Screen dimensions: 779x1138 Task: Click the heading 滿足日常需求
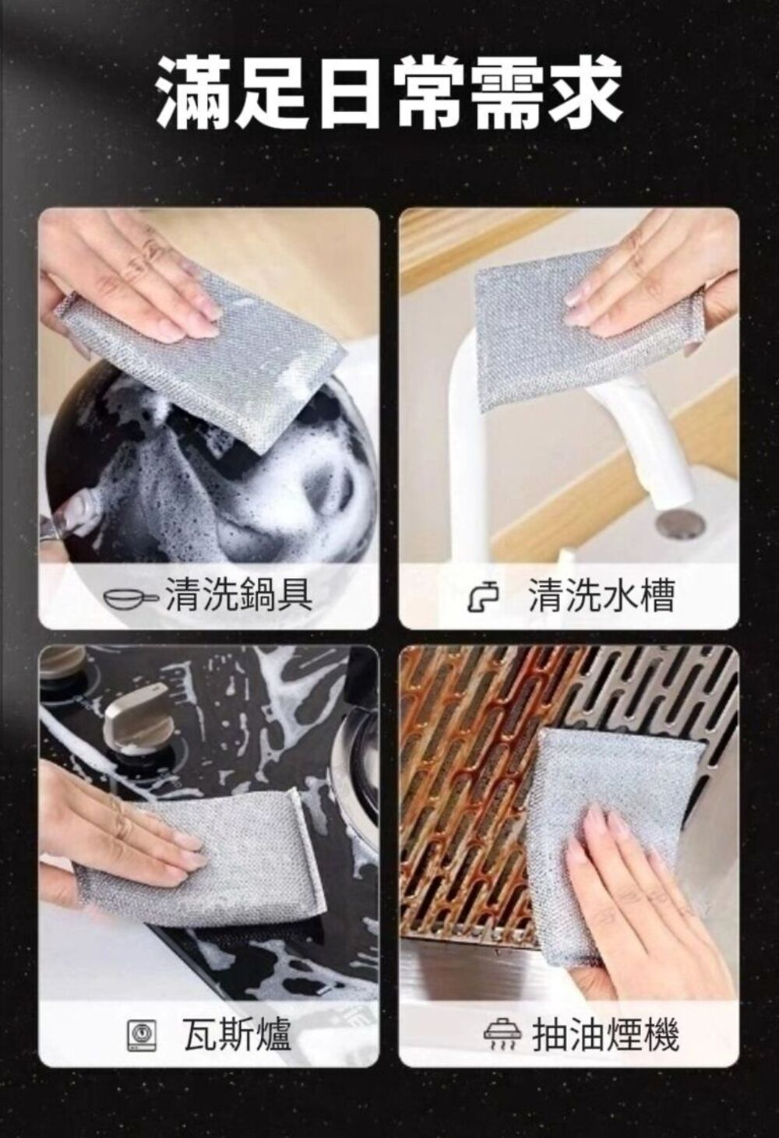(389, 93)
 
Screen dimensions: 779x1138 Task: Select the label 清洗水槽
(601, 595)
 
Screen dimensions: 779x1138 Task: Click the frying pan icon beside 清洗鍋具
(131, 598)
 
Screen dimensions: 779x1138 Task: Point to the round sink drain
(679, 522)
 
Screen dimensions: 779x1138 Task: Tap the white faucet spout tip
(674, 499)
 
